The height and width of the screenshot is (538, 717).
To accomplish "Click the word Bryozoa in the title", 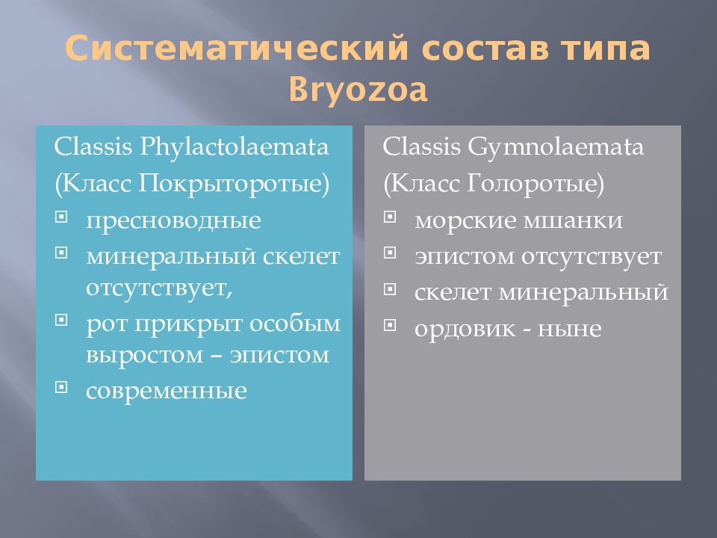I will [358, 90].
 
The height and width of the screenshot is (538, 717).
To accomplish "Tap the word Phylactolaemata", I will [233, 146].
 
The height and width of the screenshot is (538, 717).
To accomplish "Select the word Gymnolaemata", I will [556, 146].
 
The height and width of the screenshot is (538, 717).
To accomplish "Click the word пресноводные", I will [173, 221].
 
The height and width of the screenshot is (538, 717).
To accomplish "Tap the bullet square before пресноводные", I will [62, 217].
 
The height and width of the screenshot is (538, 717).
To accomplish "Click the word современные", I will [166, 391].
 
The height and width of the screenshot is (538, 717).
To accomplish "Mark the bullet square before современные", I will [62, 386].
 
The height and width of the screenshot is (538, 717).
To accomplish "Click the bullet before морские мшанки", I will [390, 217].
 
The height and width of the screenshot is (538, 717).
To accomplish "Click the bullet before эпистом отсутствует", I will [390, 253].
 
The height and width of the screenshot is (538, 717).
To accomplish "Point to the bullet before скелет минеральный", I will [390, 288].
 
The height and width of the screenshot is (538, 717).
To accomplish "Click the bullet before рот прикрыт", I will [62, 319].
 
